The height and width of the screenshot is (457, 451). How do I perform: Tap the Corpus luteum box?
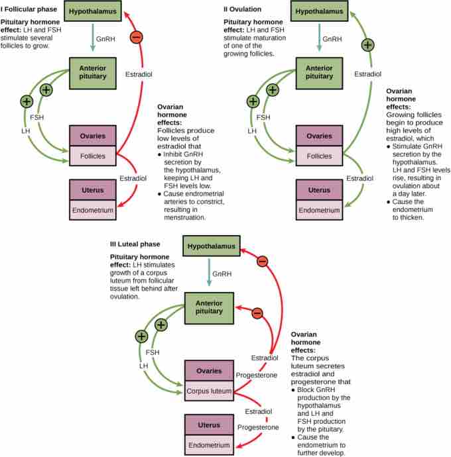[209, 391]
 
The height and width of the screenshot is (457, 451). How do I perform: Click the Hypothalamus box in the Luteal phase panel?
[211, 247]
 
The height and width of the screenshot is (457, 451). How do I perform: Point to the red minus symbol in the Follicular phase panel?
[137, 37]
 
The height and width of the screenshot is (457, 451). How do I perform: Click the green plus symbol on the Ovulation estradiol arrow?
[367, 46]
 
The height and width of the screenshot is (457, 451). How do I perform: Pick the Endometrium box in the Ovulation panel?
[320, 210]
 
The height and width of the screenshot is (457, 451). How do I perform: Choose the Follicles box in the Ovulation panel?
[320, 156]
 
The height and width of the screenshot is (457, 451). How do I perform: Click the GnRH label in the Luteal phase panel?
[220, 274]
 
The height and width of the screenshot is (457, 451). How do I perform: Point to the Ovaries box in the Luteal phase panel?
[209, 371]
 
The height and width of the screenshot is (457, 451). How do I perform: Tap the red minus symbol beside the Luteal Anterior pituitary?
[257, 313]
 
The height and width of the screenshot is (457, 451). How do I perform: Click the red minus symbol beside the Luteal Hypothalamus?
[262, 262]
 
